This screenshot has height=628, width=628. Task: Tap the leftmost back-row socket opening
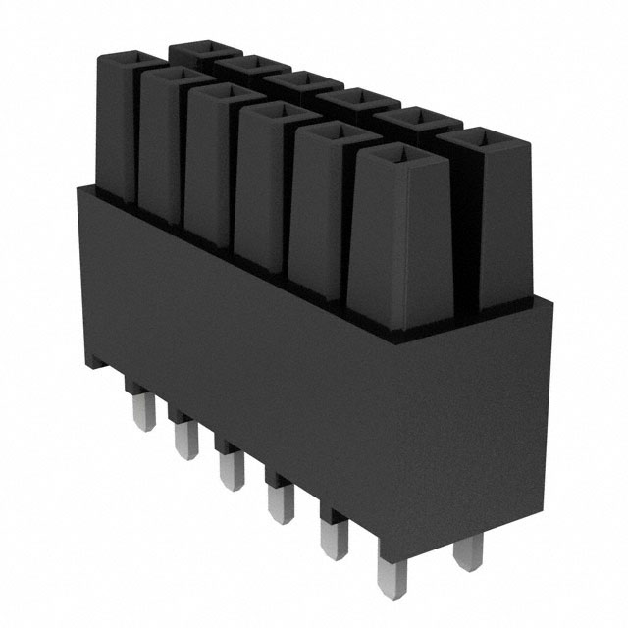206,48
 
